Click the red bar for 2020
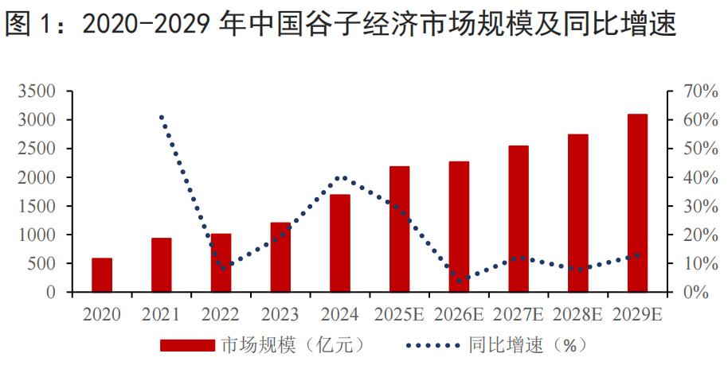pos(102,275)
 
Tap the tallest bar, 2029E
pos(637,204)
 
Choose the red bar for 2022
pos(221,263)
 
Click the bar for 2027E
pos(519,219)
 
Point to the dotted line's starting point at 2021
pos(162,118)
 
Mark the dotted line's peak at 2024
pos(341,177)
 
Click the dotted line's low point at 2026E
pos(460,280)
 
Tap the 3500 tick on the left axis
pos(37,91)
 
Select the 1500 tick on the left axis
pos(37,207)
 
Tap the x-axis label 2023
pos(280,315)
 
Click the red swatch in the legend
pos(187,346)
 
